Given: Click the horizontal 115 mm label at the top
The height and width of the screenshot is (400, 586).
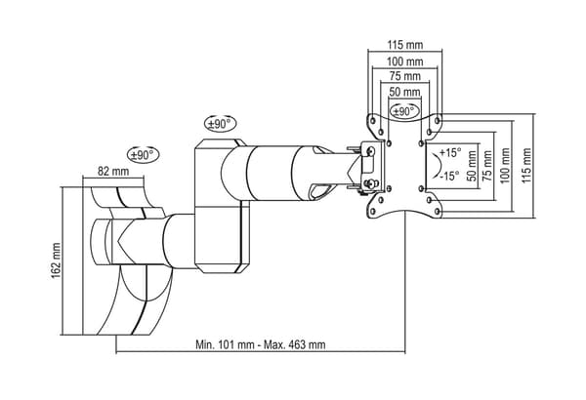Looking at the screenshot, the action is point(404,45).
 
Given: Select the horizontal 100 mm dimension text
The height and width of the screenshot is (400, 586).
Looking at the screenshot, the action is point(404,61).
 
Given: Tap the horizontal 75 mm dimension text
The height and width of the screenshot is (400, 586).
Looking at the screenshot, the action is point(405,76).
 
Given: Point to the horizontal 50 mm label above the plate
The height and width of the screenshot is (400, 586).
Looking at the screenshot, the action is point(404,92).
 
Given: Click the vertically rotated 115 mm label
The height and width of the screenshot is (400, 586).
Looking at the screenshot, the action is point(526,166).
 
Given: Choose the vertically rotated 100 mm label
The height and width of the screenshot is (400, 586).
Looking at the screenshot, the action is point(505,166).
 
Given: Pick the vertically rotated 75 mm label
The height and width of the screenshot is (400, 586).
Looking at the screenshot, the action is point(487,166).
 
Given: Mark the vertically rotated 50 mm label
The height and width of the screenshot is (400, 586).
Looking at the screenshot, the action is point(472,166).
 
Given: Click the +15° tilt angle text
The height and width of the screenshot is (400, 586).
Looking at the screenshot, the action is point(450,152).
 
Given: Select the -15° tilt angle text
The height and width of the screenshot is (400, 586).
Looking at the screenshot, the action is point(449,176).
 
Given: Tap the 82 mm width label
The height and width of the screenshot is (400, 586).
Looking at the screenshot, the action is point(113,171).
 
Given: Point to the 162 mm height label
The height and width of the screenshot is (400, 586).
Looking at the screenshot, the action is point(56,260).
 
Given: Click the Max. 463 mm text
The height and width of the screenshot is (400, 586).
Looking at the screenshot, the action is point(295,344).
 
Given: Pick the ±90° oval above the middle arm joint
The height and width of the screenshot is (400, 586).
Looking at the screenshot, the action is point(221,124).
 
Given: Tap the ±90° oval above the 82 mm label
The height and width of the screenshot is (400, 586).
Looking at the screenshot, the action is point(144,154).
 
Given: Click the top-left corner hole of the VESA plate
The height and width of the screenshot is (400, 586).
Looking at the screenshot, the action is point(373,120).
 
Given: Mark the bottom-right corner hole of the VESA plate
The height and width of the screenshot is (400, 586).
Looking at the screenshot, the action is point(437,212).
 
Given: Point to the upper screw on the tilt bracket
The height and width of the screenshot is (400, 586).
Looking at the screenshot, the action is point(371,150).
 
